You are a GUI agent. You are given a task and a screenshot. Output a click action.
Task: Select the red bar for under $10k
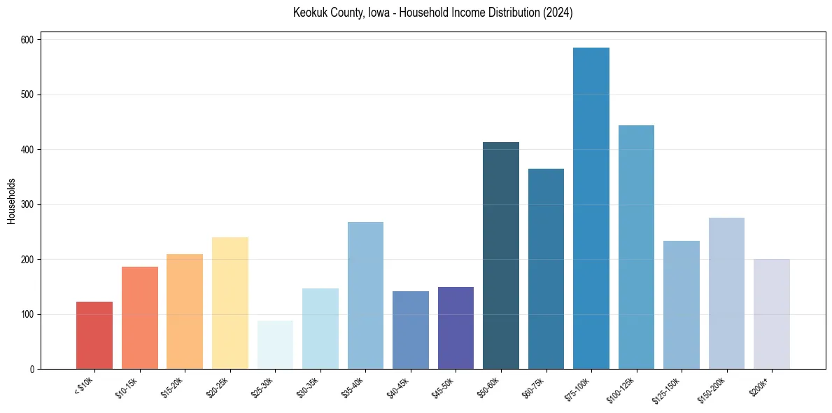[x=94, y=335]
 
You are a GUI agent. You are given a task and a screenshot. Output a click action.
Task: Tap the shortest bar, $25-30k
[x=275, y=345]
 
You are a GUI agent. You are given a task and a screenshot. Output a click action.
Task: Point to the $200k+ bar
[x=772, y=314]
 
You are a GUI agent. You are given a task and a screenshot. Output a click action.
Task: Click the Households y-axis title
[x=11, y=200]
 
